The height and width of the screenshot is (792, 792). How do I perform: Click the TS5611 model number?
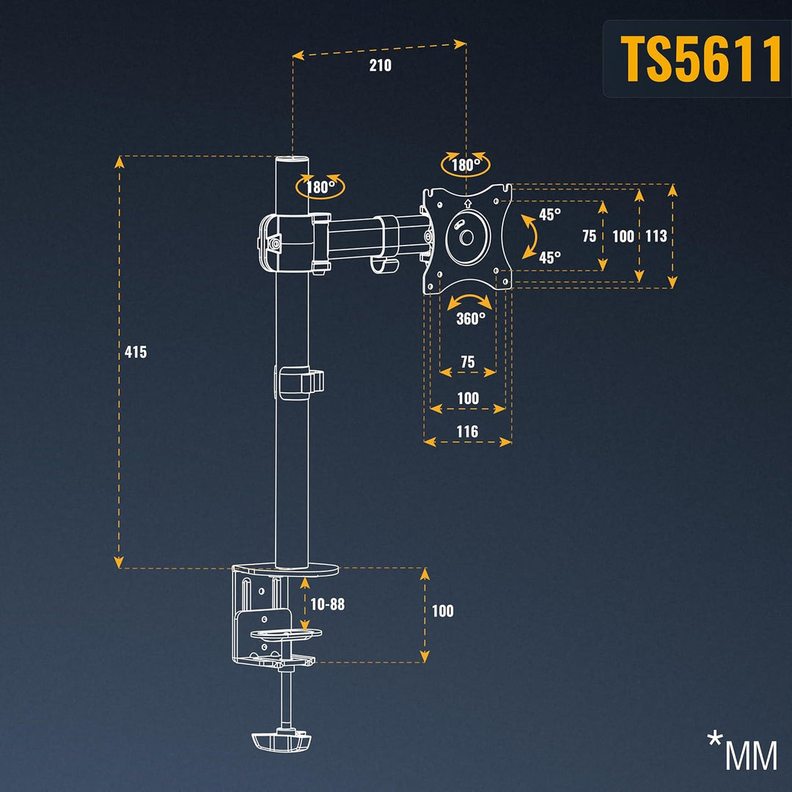[701, 59]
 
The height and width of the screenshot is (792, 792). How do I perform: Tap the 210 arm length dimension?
[380, 65]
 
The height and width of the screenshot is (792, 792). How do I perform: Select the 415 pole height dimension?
[136, 352]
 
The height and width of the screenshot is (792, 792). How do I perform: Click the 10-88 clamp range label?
[327, 604]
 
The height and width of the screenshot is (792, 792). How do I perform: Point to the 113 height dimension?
[656, 236]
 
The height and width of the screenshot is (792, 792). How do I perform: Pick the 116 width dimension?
[467, 431]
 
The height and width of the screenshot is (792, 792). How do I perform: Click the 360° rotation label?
[470, 318]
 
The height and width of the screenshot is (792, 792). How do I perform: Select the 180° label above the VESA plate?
[466, 165]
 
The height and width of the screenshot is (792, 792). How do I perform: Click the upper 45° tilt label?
[550, 214]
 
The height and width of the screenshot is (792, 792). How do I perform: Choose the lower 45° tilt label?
[550, 257]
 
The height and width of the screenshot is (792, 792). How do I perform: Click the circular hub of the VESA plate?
[466, 237]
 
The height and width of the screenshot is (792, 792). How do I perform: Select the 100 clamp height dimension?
[442, 611]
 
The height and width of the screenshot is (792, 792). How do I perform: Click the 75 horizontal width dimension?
[467, 362]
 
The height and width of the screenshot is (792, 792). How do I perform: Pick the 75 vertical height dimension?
[589, 236]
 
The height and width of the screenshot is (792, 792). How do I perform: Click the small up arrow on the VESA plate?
[467, 202]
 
